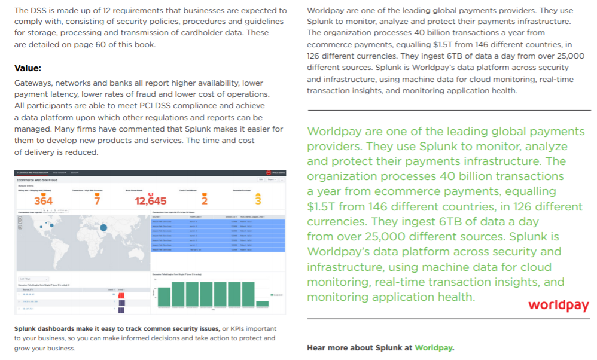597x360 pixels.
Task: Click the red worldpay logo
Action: pyautogui.click(x=558, y=305)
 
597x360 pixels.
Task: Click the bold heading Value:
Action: pyautogui.click(x=28, y=68)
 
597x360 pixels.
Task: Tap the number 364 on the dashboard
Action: pyautogui.click(x=43, y=201)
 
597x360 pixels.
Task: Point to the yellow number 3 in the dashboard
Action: pyautogui.click(x=258, y=200)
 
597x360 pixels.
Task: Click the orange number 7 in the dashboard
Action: pyautogui.click(x=97, y=201)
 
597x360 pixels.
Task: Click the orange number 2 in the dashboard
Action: pyautogui.click(x=204, y=201)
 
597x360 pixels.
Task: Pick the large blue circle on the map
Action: pyautogui.click(x=103, y=227)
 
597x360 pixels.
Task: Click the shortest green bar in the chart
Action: pyautogui.click(x=263, y=304)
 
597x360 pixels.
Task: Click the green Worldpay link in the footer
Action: pyautogui.click(x=434, y=347)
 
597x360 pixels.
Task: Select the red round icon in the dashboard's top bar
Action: pyautogui.click(x=269, y=172)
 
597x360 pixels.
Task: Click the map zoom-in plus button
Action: pyautogui.click(x=19, y=217)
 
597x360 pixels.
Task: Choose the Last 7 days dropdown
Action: pyautogui.click(x=26, y=279)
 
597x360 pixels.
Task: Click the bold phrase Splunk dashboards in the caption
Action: pyautogui.click(x=45, y=328)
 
